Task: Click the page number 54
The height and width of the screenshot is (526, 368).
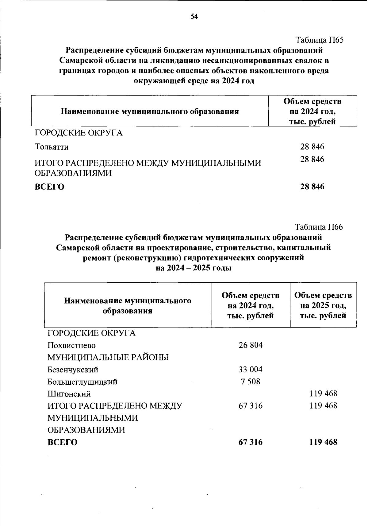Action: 194,17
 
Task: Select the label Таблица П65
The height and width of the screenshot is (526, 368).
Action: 319,40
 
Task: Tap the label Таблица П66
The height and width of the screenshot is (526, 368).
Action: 319,227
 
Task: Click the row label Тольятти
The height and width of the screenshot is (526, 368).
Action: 52,147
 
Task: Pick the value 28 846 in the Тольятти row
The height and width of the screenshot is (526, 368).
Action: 312,147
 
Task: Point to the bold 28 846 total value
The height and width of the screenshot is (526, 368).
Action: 312,186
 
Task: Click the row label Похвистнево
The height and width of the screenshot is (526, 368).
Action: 71,345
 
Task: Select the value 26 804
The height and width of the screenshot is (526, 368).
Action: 251,345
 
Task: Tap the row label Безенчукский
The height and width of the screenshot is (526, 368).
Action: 73,370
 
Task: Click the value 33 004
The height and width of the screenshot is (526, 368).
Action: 251,369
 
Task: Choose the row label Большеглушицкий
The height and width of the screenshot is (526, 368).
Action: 82,382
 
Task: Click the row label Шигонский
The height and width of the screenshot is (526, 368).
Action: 69,394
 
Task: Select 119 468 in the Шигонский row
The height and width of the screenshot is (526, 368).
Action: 323,394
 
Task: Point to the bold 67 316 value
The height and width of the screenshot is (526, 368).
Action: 251,442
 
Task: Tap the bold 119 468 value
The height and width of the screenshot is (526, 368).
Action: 323,442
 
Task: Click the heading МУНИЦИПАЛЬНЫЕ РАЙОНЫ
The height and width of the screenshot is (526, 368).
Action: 108,358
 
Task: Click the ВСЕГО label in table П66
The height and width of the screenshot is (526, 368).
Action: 63,442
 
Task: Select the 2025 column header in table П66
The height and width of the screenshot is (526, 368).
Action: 323,305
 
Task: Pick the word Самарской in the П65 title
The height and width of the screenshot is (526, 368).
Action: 82,61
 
